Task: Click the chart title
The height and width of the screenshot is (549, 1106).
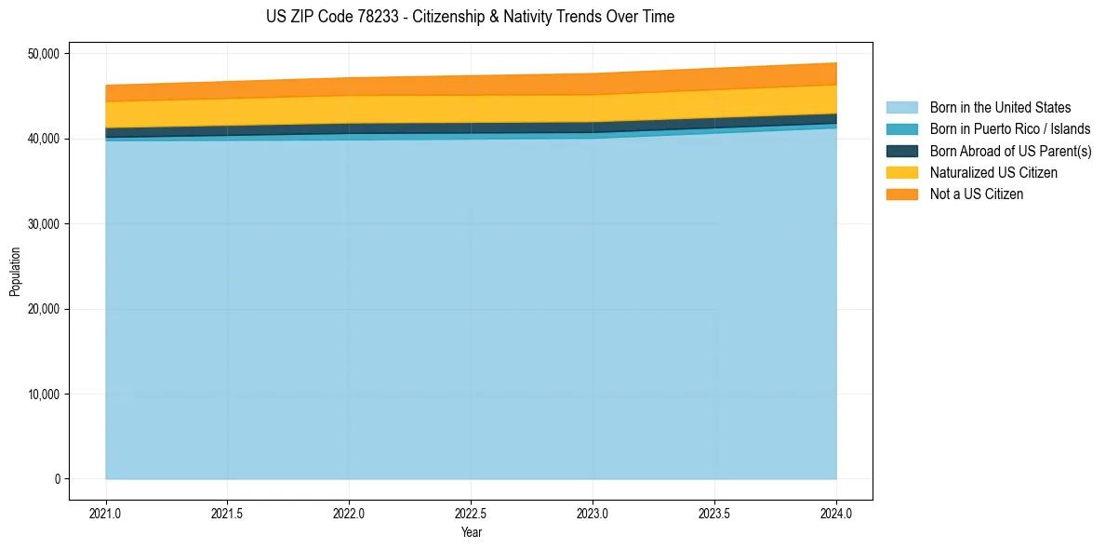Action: point(471,17)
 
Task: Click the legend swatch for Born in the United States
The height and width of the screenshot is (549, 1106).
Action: point(901,108)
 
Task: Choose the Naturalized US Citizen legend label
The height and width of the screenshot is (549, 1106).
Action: point(993,172)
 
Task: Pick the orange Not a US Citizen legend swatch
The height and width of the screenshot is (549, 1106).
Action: point(901,194)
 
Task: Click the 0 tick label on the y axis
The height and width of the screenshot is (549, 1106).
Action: point(58,479)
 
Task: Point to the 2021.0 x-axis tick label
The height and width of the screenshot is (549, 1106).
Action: point(106,513)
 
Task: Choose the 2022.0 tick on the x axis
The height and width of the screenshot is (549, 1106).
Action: point(349,513)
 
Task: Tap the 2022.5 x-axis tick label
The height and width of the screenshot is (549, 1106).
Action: point(471,513)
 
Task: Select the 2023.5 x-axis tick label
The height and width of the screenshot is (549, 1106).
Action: point(714,513)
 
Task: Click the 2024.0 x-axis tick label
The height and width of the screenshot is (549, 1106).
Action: point(836,513)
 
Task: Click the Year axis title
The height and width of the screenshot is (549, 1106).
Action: point(471,532)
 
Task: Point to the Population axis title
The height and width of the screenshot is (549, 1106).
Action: point(15,272)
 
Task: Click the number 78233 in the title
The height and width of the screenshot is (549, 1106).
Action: point(353,17)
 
